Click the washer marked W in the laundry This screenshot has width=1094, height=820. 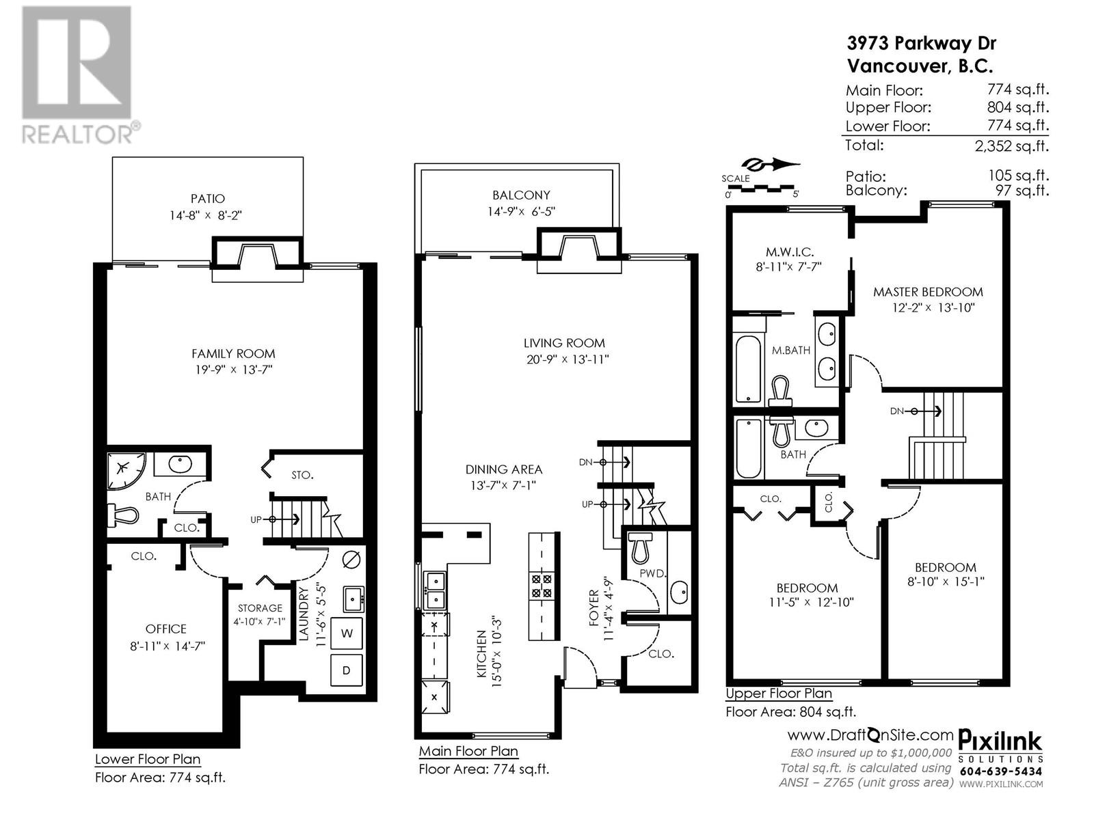point(347,633)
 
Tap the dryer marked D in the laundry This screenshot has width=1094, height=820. point(347,670)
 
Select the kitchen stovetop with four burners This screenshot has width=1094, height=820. point(542,586)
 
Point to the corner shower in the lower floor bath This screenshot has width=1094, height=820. point(125,469)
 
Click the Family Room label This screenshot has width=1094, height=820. point(233,353)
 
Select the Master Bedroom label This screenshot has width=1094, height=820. point(928,292)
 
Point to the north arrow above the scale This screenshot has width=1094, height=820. point(771,164)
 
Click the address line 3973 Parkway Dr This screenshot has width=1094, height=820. point(921,44)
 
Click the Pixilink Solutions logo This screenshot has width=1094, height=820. point(1000,747)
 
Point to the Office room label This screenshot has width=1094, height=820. point(165,629)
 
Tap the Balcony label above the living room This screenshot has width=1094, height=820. point(521,195)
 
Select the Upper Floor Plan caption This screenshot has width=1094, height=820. point(778,694)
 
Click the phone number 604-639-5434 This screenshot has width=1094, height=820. point(1001,771)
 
